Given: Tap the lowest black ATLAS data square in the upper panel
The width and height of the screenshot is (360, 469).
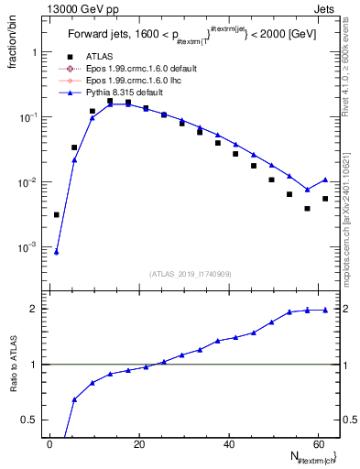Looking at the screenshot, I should pyautogui.click(x=56, y=214).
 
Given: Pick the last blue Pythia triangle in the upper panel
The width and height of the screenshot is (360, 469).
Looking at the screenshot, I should pyautogui.click(x=325, y=180).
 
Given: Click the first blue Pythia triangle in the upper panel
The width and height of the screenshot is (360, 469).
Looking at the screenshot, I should pyautogui.click(x=56, y=252).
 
